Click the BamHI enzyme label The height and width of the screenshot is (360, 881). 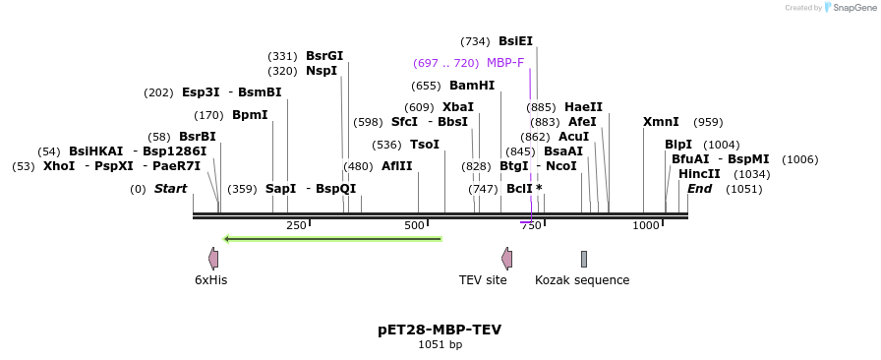coord(471,86)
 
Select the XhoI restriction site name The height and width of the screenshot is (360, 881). coord(59,166)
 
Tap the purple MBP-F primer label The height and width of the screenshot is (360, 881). coord(504,63)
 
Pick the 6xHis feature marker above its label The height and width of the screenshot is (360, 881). coord(212,259)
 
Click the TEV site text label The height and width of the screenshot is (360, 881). coord(483,280)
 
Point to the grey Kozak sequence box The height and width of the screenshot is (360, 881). coord(584,259)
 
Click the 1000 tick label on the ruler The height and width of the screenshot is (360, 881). coord(645,226)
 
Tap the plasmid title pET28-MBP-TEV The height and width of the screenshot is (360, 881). coord(440,330)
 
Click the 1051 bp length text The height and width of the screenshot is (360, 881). coord(440,345)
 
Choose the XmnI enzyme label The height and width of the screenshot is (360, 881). coord(661,122)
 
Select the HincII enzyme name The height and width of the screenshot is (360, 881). coord(699,174)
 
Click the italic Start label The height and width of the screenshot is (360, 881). coord(170,189)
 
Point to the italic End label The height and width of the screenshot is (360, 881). coord(699,189)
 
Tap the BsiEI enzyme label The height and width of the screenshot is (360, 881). coord(515,41)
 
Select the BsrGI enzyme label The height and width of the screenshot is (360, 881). coord(324,56)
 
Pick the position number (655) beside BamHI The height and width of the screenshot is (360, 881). coord(426,86)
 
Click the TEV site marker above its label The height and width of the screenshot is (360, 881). coord(506,259)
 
